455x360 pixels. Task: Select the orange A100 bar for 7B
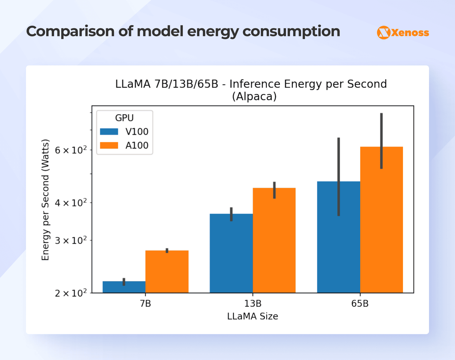[167, 272]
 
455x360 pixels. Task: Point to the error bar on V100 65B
[339, 176]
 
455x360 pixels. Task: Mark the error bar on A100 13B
[274, 190]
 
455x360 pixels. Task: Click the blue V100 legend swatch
[109, 132]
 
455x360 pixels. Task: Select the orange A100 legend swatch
[109, 145]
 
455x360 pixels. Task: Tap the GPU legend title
[124, 118]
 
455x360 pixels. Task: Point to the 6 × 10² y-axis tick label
[70, 150]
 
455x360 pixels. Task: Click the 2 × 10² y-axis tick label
[70, 293]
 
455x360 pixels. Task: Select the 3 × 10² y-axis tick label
[70, 240]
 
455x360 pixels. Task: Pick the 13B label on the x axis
[253, 304]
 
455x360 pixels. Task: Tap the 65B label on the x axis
[360, 304]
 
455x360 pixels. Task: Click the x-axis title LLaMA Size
[252, 316]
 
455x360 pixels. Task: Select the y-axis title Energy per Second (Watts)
[45, 200]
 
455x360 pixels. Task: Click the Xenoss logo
[403, 32]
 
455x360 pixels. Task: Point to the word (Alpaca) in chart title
[254, 96]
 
